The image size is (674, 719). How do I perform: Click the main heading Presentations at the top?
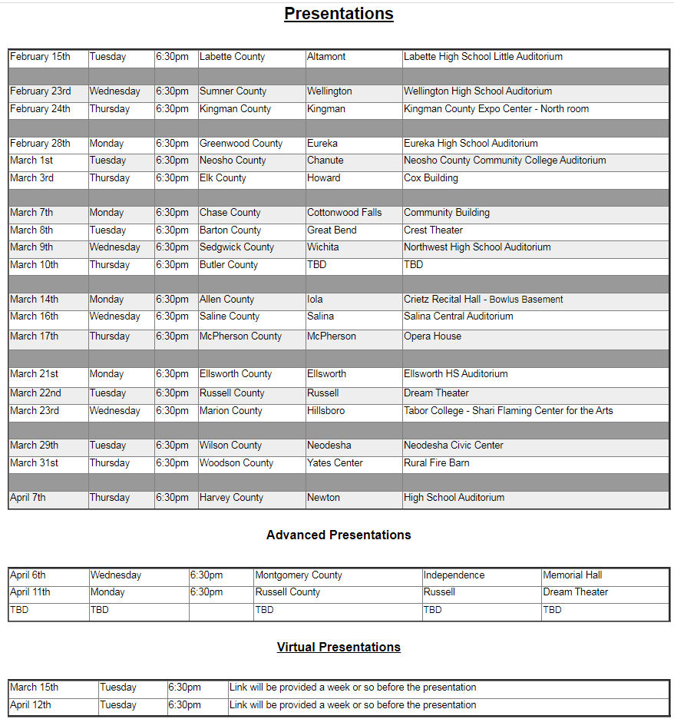tap(339, 14)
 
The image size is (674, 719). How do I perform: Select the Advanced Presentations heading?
tap(339, 535)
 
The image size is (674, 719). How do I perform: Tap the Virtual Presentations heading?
tap(339, 647)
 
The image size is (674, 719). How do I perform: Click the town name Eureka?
tap(322, 144)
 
